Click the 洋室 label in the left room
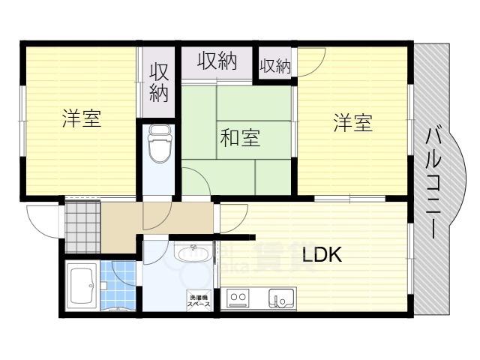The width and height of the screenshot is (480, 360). coord(82,118)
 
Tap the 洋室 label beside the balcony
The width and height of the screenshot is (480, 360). coord(352,124)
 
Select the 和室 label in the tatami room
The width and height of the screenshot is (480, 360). coord(239,138)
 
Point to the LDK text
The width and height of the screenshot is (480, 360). coord(322,256)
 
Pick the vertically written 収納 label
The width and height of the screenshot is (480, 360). coord(158,82)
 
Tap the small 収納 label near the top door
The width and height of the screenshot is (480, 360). coord(274,66)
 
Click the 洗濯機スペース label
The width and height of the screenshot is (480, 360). coord(198,301)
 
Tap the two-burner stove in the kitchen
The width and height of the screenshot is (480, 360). coord(238,299)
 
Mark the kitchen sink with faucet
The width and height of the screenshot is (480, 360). coord(283,299)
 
